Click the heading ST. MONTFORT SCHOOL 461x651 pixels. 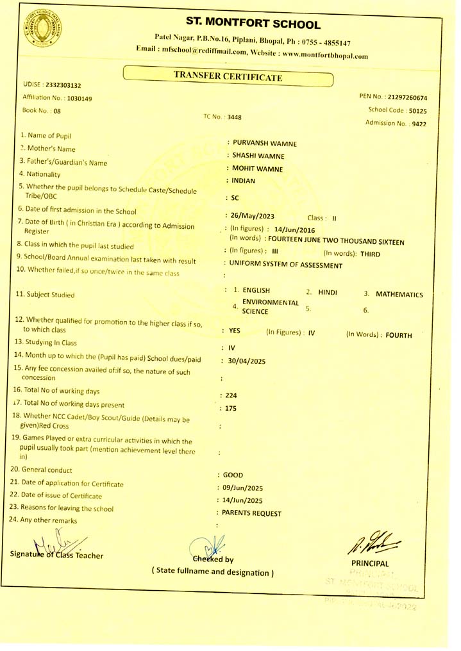coord(252,25)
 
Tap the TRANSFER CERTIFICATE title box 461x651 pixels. coord(228,78)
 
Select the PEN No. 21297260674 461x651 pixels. coord(394,97)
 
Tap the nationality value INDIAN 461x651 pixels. coord(244,181)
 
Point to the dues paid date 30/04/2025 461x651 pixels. coord(247,360)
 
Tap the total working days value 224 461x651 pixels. coord(231,395)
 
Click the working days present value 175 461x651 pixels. coord(231,408)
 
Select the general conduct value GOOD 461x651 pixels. coord(233,475)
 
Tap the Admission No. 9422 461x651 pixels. coord(396,123)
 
